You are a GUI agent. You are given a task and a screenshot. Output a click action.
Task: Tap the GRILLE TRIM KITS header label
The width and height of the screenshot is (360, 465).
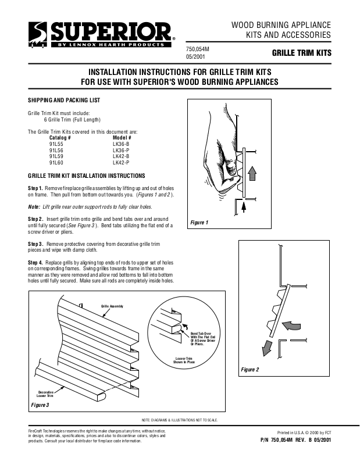pos(301,53)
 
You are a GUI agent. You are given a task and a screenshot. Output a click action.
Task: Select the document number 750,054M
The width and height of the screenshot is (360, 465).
pos(197,49)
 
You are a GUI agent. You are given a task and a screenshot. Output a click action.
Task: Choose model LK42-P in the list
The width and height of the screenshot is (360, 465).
pos(120,163)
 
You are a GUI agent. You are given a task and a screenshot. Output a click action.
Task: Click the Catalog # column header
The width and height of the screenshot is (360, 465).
pos(60,137)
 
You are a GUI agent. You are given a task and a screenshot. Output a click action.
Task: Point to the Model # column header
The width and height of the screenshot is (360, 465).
pos(122,137)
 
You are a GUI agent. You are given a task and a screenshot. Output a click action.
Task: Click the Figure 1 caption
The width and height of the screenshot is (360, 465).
pos(199,223)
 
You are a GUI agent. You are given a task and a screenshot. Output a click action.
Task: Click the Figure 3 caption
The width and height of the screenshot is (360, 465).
pos(40,404)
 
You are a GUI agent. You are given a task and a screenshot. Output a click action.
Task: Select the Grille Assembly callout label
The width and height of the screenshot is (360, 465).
pos(112,305)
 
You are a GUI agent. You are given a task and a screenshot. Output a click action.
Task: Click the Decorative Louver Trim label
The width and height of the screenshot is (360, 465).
pos(46,394)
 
